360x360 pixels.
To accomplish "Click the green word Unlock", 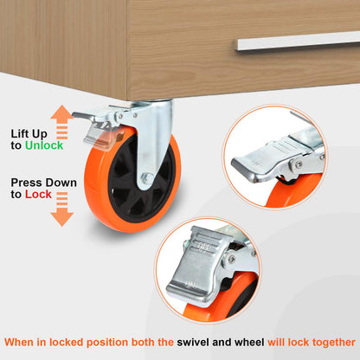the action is click(44, 145).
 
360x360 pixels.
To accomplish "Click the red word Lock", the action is click(38, 195).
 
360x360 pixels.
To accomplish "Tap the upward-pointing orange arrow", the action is click(62, 122).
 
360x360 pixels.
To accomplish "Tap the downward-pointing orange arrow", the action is click(62, 209).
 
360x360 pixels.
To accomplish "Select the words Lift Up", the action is click(29, 134).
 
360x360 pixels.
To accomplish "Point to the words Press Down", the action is click(44, 183).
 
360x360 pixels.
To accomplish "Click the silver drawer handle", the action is click(298, 42).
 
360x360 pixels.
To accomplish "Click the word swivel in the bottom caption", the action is click(193, 343).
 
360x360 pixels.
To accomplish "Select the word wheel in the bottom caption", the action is click(249, 343).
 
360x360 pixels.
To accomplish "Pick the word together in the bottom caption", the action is click(334, 343).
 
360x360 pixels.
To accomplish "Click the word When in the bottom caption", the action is click(19, 343).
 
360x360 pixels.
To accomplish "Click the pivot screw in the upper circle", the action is click(299, 164).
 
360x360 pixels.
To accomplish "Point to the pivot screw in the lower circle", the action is click(232, 259).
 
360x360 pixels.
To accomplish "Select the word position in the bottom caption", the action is click(107, 343).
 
